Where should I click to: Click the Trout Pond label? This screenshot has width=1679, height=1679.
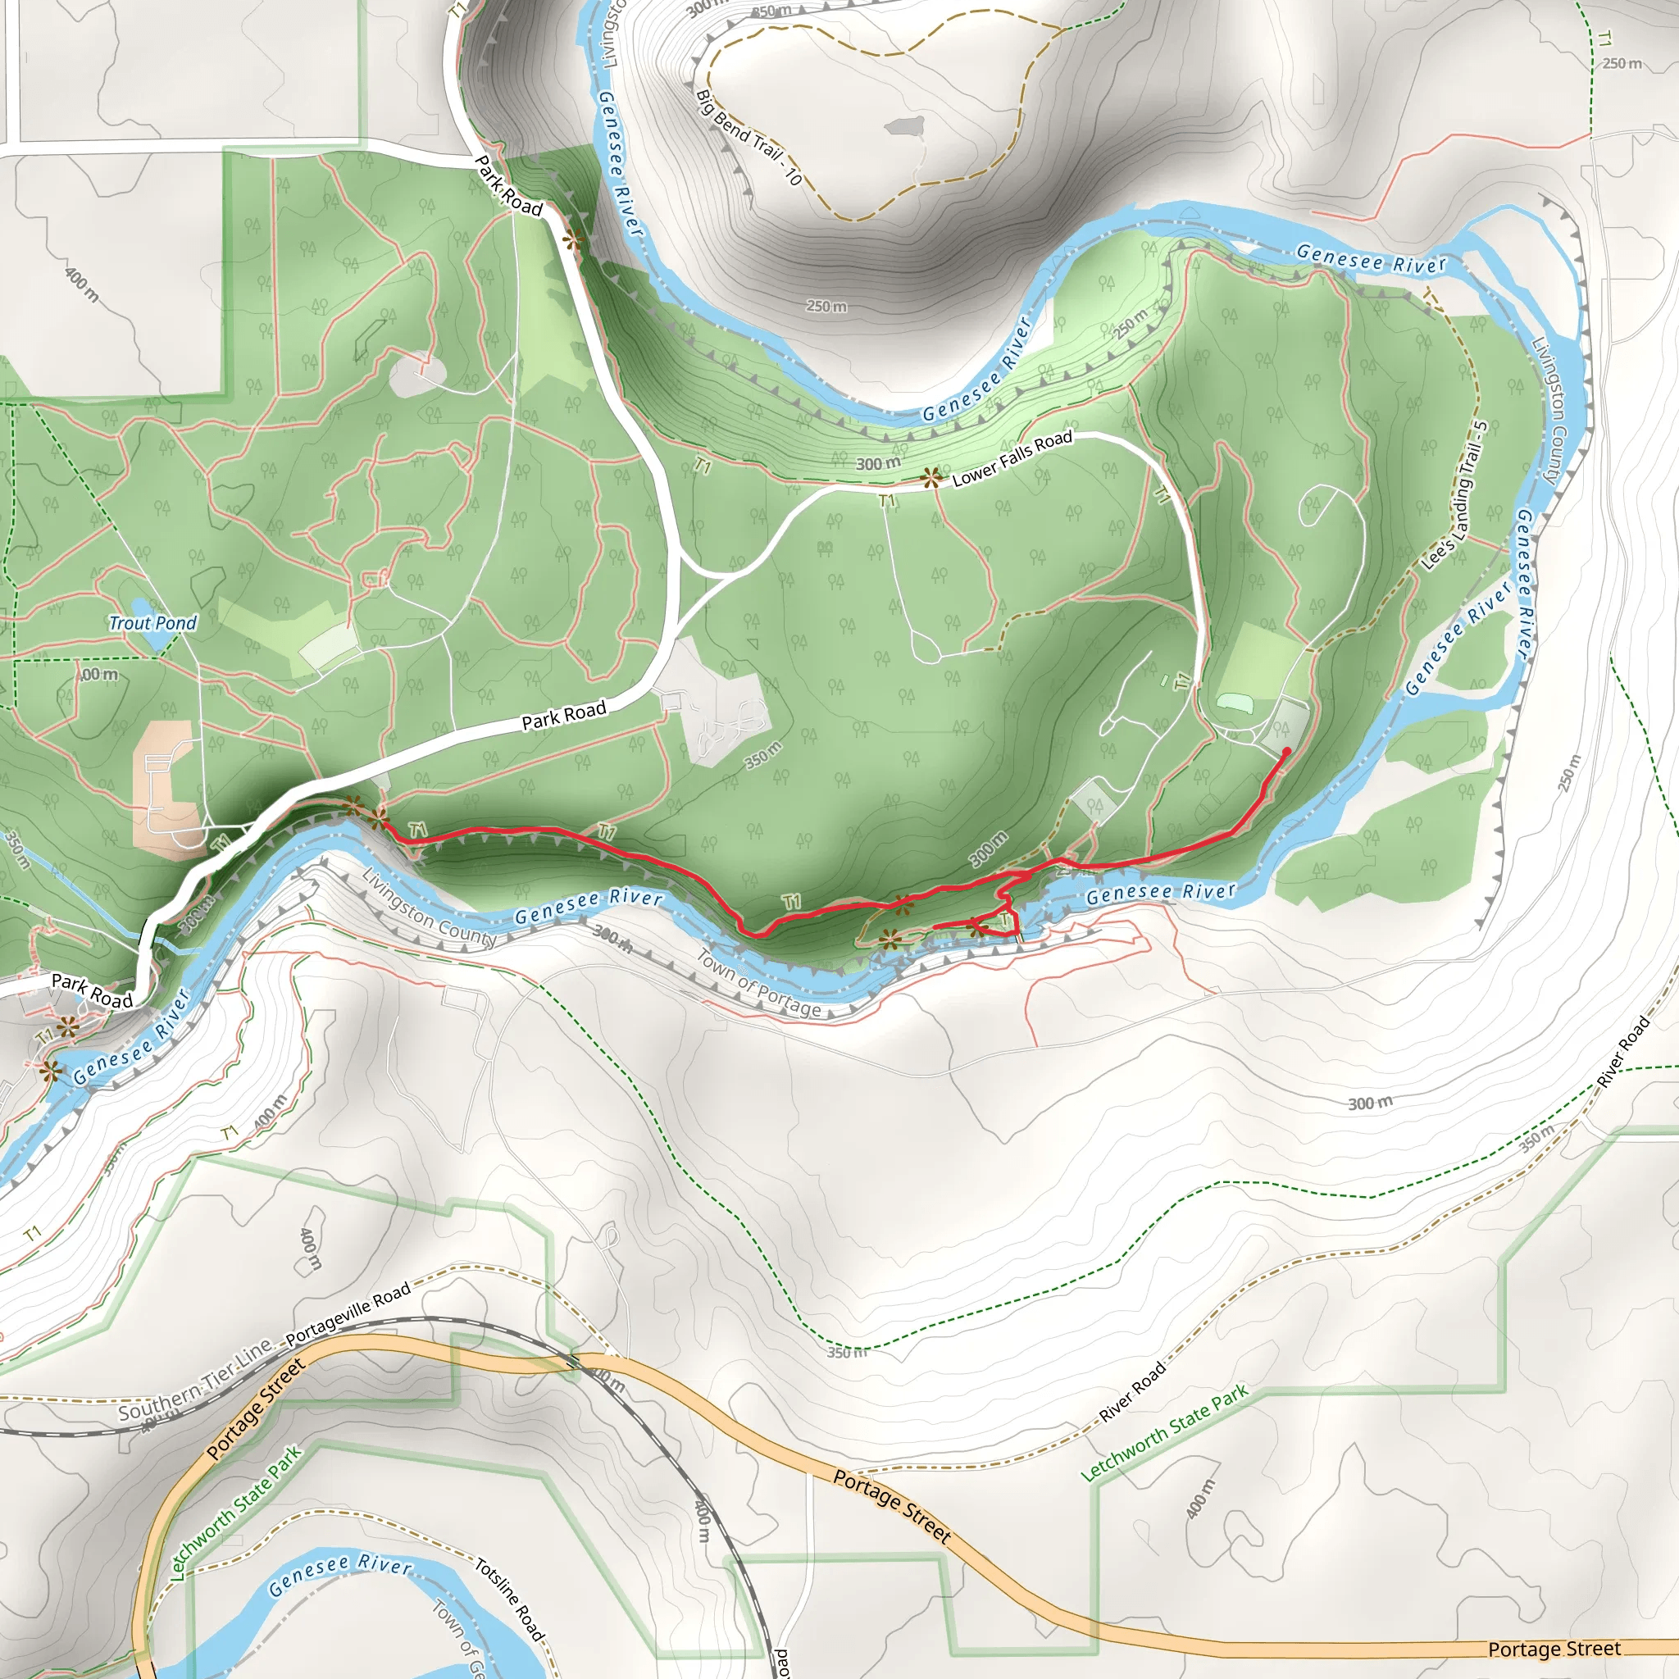(x=153, y=622)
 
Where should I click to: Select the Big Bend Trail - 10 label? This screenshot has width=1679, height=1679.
(x=748, y=137)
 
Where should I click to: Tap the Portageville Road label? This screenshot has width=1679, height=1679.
(x=348, y=1314)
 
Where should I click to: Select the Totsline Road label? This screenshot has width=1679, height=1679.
(x=509, y=1599)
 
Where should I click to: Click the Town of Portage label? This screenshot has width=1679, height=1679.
(x=758, y=984)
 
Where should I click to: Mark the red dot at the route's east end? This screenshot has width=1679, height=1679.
(x=1286, y=751)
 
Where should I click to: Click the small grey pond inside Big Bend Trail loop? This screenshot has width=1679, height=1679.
(x=903, y=127)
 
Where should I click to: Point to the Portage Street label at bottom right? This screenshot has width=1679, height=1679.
(x=1554, y=1649)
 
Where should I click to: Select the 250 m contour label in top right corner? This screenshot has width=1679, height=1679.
(x=1622, y=63)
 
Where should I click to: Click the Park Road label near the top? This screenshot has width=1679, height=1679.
(x=509, y=186)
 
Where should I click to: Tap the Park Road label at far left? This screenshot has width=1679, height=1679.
(x=92, y=990)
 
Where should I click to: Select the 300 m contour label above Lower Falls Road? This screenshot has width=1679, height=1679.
(x=878, y=463)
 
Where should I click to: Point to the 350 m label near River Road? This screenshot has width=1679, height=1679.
(x=1536, y=1139)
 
